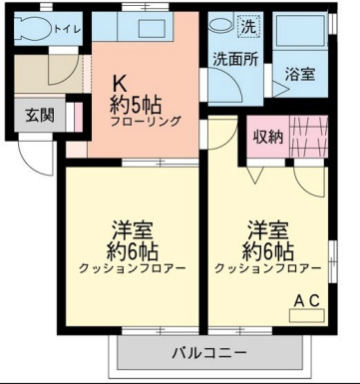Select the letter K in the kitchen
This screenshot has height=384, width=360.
tap(117, 84)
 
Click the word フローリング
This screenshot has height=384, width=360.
tap(146, 121)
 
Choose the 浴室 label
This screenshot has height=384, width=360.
tap(300, 74)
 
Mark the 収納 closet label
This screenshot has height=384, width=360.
tap(269, 137)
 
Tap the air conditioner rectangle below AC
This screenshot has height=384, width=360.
tap(306, 314)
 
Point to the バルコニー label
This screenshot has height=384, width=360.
tap(208, 351)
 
